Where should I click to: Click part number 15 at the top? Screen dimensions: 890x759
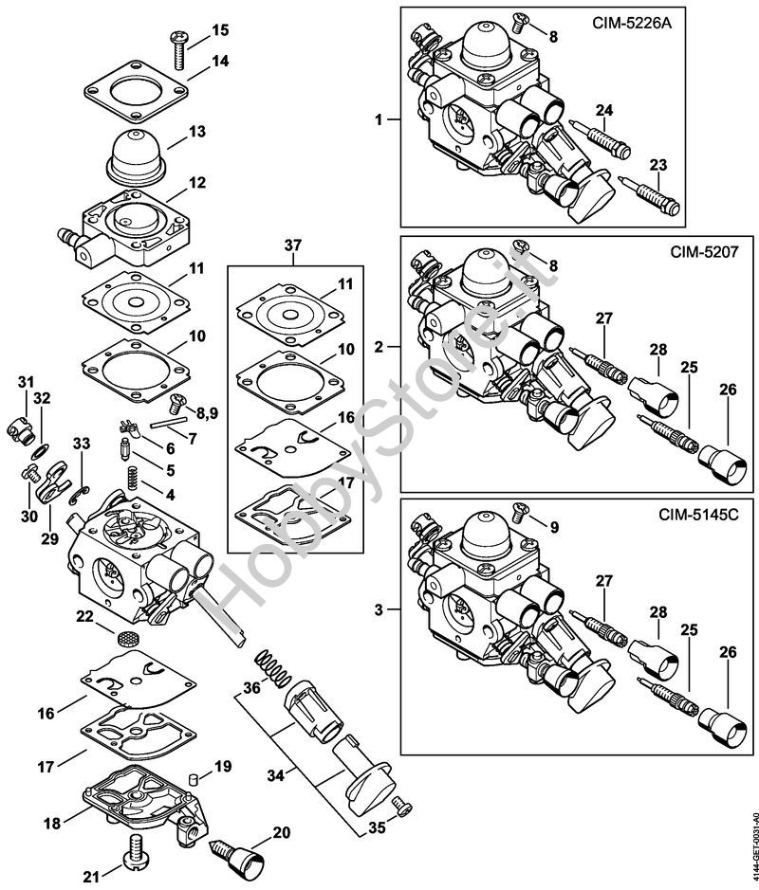tap(220, 29)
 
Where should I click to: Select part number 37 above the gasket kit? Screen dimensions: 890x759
tap(293, 245)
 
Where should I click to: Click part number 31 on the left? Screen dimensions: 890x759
tap(26, 382)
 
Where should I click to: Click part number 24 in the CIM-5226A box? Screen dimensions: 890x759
tap(604, 111)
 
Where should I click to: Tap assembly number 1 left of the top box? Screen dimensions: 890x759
tap(379, 120)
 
